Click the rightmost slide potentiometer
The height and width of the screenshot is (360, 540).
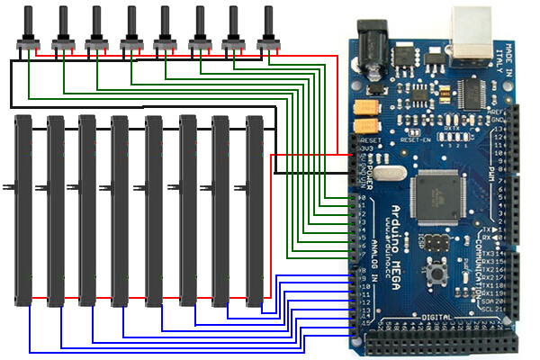256,211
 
